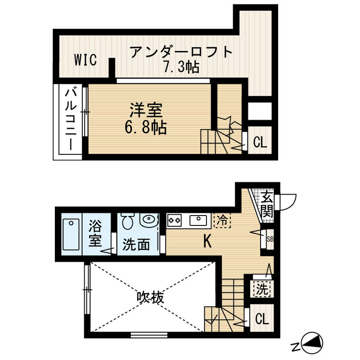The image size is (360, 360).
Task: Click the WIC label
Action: [85, 60]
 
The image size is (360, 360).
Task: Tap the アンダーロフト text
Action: [182, 53]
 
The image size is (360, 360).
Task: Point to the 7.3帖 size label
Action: [181, 68]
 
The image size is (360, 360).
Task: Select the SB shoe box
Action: [269, 239]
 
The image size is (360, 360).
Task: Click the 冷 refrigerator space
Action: [221, 220]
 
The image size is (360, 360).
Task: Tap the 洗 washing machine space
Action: [261, 288]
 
